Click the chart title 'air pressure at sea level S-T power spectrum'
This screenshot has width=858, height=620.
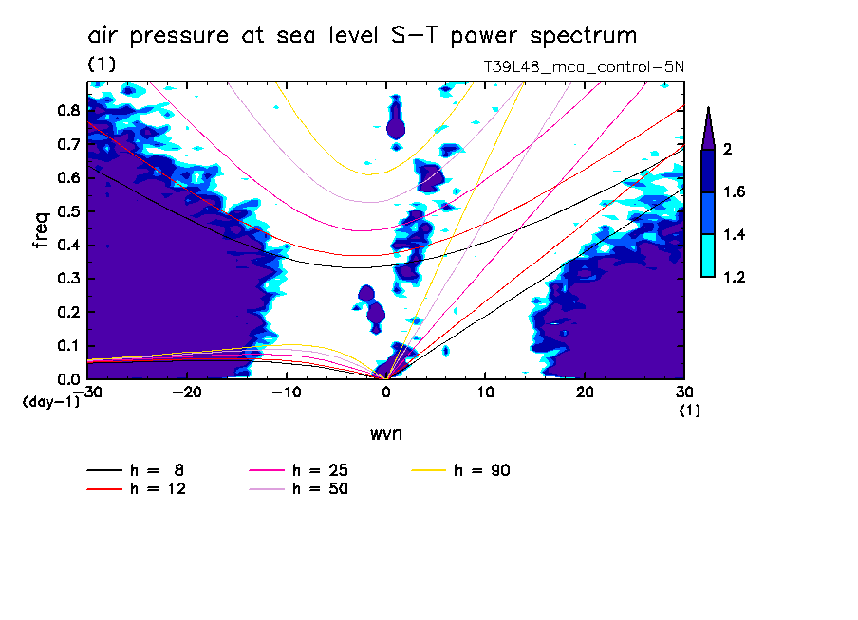pyautogui.click(x=362, y=36)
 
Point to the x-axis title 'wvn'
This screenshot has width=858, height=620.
pyautogui.click(x=385, y=433)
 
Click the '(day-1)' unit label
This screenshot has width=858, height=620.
pyautogui.click(x=50, y=402)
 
